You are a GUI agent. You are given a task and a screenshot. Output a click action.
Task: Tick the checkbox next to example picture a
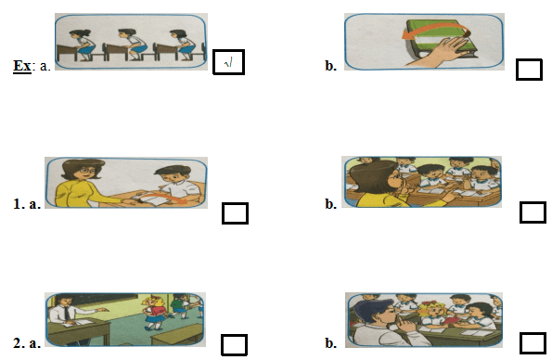click(228, 62)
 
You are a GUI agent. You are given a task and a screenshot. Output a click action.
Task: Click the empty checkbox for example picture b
click(529, 70)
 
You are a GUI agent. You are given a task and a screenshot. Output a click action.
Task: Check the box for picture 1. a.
click(235, 213)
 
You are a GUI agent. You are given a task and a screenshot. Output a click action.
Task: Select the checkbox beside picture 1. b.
click(533, 212)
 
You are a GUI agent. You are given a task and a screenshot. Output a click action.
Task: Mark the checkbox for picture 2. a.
click(234, 344)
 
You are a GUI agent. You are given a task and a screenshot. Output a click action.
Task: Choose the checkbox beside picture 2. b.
click(533, 342)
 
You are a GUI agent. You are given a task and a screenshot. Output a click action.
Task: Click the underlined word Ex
click(22, 66)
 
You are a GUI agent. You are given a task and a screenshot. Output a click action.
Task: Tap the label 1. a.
click(27, 204)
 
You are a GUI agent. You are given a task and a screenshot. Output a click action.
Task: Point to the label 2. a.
click(27, 342)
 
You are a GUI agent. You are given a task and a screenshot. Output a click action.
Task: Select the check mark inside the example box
click(228, 63)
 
